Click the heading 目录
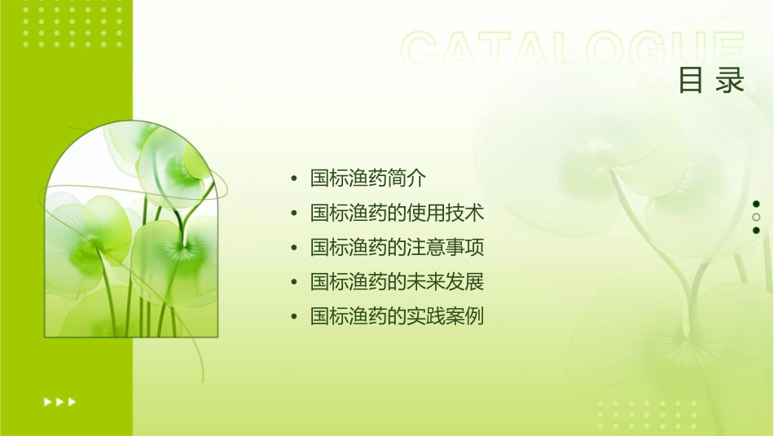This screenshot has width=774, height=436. pyautogui.click(x=711, y=81)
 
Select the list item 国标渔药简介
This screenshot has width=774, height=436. pyautogui.click(x=368, y=178)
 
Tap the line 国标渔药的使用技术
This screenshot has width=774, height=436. pyautogui.click(x=397, y=214)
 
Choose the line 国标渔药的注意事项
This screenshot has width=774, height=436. pyautogui.click(x=397, y=248)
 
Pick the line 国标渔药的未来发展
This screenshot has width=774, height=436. pyautogui.click(x=397, y=282)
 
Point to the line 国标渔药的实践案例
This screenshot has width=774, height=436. pyautogui.click(x=397, y=316)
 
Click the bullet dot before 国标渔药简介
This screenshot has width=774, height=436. pyautogui.click(x=294, y=179)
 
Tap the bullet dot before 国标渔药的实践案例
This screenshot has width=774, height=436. pyautogui.click(x=294, y=317)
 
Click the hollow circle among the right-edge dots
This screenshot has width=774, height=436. pyautogui.click(x=756, y=217)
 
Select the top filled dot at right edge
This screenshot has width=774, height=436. pyautogui.click(x=756, y=204)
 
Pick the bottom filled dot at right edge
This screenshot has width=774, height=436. pyautogui.click(x=756, y=230)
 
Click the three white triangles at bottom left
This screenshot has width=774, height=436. pyautogui.click(x=59, y=401)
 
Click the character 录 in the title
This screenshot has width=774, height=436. pyautogui.click(x=731, y=81)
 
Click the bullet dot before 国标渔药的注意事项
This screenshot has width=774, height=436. pyautogui.click(x=294, y=249)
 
